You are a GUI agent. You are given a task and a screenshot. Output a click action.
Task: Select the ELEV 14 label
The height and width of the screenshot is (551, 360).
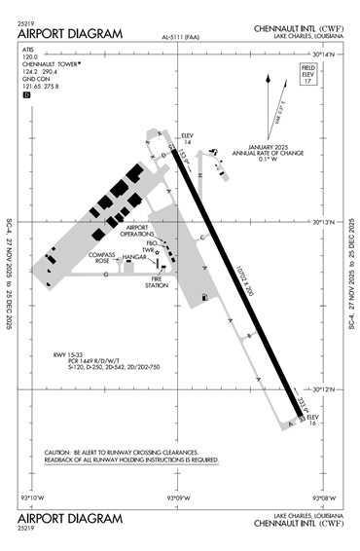tap(188, 138)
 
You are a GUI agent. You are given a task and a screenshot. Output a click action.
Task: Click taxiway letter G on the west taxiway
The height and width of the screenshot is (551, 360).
tap(104, 274)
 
